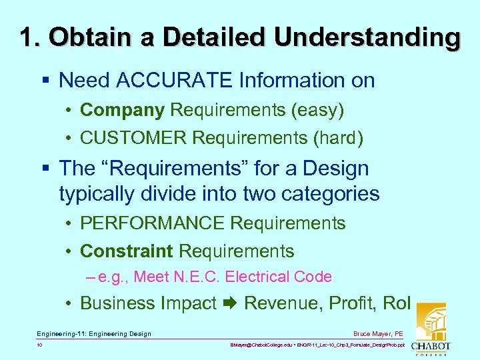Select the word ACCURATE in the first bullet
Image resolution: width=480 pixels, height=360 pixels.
tap(175, 81)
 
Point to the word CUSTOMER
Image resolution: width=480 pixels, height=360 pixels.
tap(133, 138)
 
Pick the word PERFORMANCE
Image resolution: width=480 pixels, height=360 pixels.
tap(151, 223)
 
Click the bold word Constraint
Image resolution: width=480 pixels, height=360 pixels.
tap(127, 251)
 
